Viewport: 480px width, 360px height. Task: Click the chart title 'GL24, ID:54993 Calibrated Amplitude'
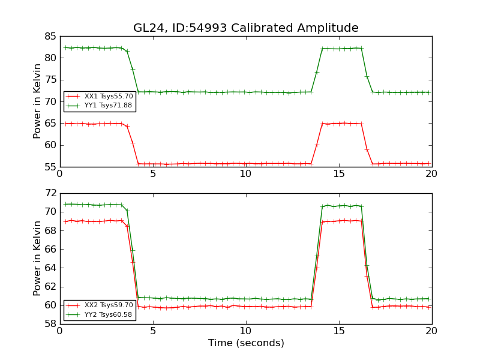pyautogui.click(x=246, y=28)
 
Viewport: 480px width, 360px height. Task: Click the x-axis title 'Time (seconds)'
pyautogui.click(x=246, y=343)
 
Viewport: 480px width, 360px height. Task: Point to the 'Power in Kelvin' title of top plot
pyautogui.click(x=37, y=101)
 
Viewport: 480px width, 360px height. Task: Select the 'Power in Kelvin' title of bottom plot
pyautogui.click(x=37, y=258)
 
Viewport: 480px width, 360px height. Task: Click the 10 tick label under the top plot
pyautogui.click(x=246, y=174)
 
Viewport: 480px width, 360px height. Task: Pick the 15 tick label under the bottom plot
pyautogui.click(x=339, y=331)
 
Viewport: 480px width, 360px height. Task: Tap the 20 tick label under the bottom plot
pyautogui.click(x=431, y=331)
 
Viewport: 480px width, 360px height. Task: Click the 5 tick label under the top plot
pyautogui.click(x=153, y=174)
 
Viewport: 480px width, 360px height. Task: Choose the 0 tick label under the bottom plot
pyautogui.click(x=59, y=331)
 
